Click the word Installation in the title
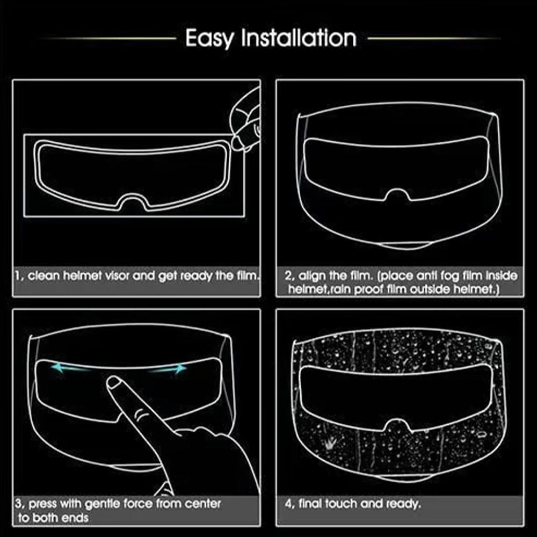[299, 38]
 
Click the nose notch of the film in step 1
[134, 201]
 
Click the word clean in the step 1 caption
[44, 275]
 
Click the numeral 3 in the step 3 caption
[18, 504]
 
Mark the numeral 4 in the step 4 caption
[288, 504]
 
